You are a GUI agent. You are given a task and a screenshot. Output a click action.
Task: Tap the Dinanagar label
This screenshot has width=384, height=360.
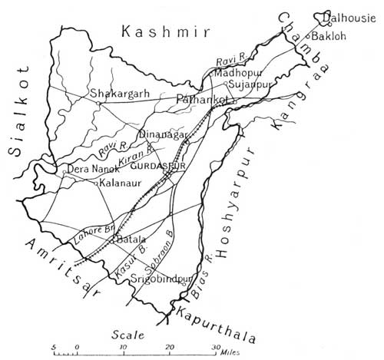162,135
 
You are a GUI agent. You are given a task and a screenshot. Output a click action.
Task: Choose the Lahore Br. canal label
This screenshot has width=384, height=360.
86,233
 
